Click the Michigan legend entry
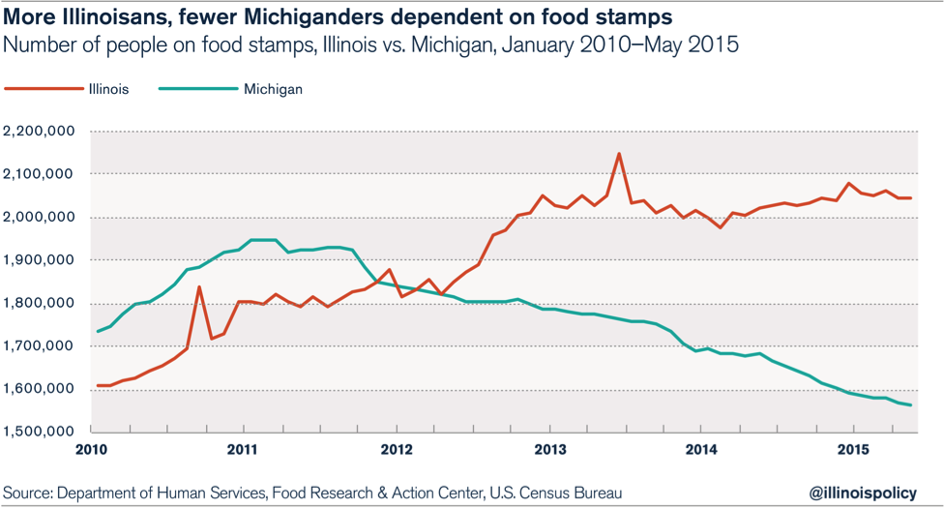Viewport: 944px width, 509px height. (273, 90)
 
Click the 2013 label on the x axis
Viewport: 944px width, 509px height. (550, 449)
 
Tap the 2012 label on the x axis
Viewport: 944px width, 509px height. (398, 449)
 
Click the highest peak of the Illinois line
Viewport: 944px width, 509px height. (619, 153)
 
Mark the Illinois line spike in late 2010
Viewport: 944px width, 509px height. (199, 286)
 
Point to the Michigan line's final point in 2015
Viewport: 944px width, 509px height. (911, 404)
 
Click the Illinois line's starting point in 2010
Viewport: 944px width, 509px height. (99, 385)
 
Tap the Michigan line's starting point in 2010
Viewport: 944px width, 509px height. (99, 332)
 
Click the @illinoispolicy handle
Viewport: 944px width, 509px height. (858, 491)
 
